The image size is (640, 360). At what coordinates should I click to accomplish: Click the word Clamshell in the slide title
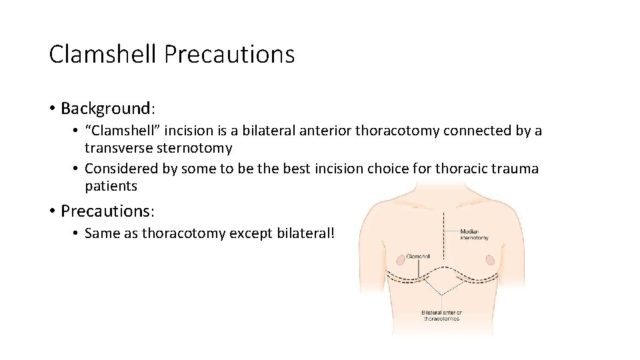point(103,54)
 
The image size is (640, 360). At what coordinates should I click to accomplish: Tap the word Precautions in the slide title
point(229,54)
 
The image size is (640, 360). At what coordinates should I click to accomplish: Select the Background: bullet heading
point(107,108)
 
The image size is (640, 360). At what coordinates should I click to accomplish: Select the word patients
point(111,186)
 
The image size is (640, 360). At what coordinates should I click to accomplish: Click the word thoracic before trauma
point(459,169)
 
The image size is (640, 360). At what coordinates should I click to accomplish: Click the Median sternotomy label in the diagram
point(474,235)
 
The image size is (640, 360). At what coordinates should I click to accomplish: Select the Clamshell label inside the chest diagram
point(418,256)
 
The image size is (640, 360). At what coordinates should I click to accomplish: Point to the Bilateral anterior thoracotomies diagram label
point(441,315)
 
